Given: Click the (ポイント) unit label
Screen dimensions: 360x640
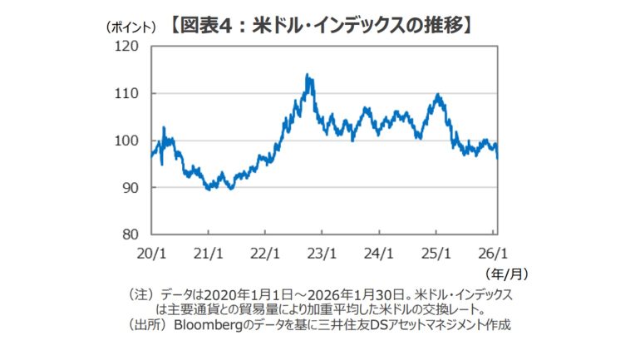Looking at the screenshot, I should tap(130, 27).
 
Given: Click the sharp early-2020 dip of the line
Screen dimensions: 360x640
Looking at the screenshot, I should tap(162, 165).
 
